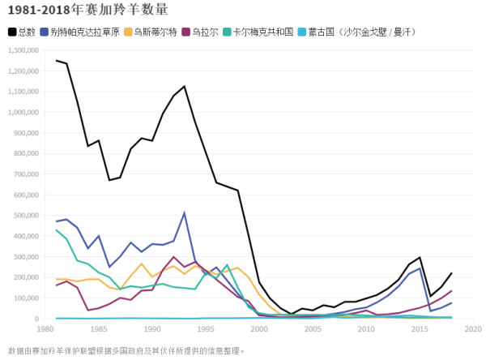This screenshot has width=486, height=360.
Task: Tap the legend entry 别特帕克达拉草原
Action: [x=84, y=32]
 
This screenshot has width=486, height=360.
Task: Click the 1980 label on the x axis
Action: [x=45, y=329]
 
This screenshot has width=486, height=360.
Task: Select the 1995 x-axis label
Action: [x=206, y=329]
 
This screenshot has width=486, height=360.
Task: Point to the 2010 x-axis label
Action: [x=366, y=329]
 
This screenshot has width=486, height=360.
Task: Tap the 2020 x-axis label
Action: [x=473, y=329]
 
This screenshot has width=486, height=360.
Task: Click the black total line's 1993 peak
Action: [x=185, y=86]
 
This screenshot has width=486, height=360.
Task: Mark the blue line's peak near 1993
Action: [x=185, y=213]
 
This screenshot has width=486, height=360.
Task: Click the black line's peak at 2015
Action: [x=420, y=258]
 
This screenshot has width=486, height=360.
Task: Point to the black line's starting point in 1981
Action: [x=57, y=60]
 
